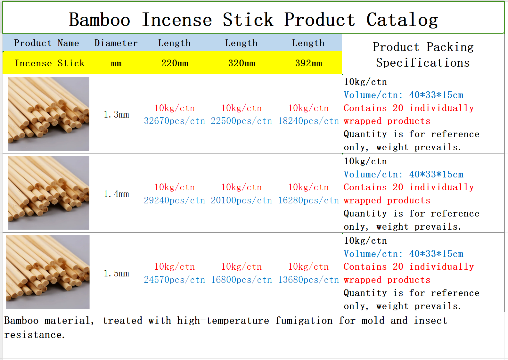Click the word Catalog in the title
pyautogui.click(x=402, y=20)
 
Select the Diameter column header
pyautogui.click(x=116, y=43)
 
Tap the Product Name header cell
pyautogui.click(x=47, y=43)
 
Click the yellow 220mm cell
pyautogui.click(x=174, y=62)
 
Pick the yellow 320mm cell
pyautogui.click(x=242, y=62)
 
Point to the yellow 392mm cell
pyautogui.click(x=308, y=62)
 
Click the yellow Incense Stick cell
pyautogui.click(x=47, y=62)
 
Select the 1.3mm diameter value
pyautogui.click(x=116, y=114)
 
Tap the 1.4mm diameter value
pyautogui.click(x=116, y=194)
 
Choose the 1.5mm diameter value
pyautogui.click(x=116, y=273)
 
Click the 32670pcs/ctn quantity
pyautogui.click(x=174, y=121)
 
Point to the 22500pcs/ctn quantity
pyautogui.click(x=242, y=121)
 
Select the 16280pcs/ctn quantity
pyautogui.click(x=308, y=200)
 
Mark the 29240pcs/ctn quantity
pyautogui.click(x=174, y=200)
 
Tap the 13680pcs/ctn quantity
pyautogui.click(x=308, y=280)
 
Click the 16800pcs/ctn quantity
pyautogui.click(x=242, y=280)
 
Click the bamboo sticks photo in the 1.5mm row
pyautogui.click(x=48, y=272)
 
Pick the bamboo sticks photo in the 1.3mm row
pyautogui.click(x=49, y=114)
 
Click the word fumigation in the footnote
pyautogui.click(x=304, y=321)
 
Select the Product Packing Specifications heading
pyautogui.click(x=423, y=55)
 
